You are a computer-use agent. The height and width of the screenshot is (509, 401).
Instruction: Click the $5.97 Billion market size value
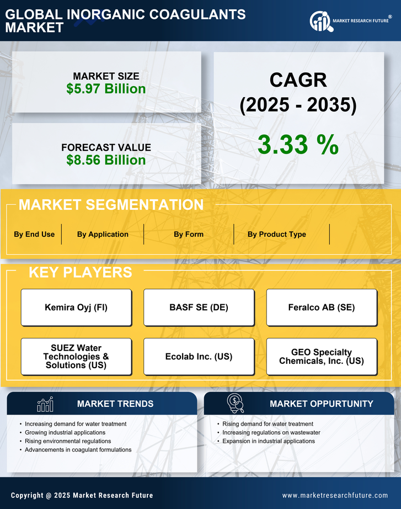(106, 89)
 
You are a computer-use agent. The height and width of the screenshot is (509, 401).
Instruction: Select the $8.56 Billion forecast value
(106, 160)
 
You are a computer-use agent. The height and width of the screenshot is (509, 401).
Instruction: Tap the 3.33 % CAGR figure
(298, 145)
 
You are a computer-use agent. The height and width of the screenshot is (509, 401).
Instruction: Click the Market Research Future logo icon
(320, 22)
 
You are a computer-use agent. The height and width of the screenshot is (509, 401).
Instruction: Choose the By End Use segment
(34, 234)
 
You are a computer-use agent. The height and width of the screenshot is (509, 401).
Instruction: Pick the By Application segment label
(103, 234)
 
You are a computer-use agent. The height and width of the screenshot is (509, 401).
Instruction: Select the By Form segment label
(189, 234)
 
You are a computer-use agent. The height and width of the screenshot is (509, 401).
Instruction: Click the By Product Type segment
(276, 234)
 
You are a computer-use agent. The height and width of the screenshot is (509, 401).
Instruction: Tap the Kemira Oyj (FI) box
(76, 307)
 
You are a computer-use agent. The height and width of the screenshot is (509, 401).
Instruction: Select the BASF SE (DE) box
(199, 307)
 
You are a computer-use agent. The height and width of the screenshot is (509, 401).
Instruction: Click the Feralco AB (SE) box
(322, 307)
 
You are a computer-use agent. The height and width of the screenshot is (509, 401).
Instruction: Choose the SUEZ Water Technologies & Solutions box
(76, 357)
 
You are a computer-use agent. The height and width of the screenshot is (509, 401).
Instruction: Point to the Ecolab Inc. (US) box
(199, 357)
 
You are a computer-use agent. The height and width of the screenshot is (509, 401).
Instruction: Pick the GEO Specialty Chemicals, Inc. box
(322, 357)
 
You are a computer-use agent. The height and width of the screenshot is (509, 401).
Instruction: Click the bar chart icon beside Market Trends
(45, 404)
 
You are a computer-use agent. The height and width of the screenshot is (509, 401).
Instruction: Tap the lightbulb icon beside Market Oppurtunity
(236, 404)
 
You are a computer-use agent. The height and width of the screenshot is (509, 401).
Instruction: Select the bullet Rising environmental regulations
(68, 441)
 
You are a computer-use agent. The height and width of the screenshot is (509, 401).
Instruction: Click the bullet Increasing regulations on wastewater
(271, 432)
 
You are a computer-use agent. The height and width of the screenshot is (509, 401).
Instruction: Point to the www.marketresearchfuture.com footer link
(335, 495)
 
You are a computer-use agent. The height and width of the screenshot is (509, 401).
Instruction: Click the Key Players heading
(80, 272)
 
